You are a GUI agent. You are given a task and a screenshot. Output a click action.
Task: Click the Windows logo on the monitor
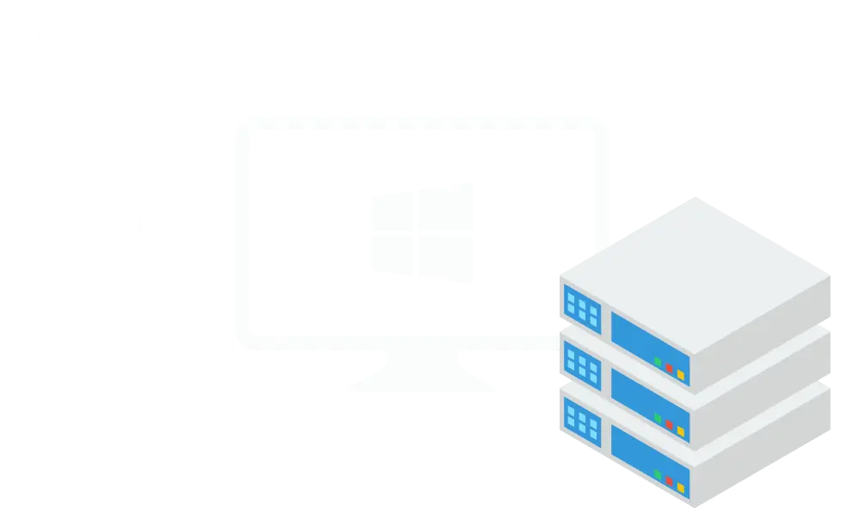423,233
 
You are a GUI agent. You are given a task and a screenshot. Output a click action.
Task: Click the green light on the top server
658,363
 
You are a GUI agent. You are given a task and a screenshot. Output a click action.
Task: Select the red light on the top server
669,369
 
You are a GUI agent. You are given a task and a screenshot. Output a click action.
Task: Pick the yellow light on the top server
680,375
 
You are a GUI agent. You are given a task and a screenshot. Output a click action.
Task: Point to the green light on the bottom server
658,474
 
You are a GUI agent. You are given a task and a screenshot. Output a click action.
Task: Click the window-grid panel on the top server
582,307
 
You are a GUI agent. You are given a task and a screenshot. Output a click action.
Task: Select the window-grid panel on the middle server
582,365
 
